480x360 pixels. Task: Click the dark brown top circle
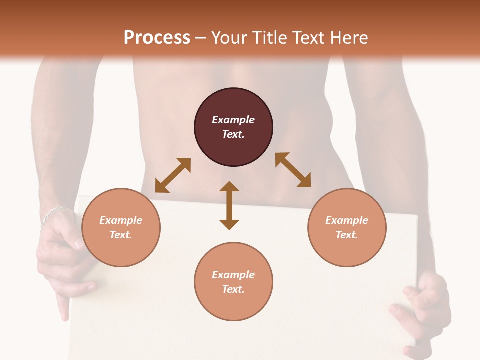[233, 127]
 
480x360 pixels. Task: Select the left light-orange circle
[121, 227]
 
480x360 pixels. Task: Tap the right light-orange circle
[347, 227]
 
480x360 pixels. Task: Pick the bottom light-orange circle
[233, 282]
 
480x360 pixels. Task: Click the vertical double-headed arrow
[229, 205]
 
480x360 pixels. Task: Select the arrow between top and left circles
[173, 175]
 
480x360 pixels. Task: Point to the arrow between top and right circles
[293, 170]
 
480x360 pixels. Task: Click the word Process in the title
[157, 38]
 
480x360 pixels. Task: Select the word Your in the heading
[228, 38]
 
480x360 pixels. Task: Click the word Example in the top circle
[233, 120]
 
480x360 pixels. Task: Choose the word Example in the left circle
[121, 220]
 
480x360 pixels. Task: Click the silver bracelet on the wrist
[52, 214]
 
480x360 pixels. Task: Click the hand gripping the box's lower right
[422, 310]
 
